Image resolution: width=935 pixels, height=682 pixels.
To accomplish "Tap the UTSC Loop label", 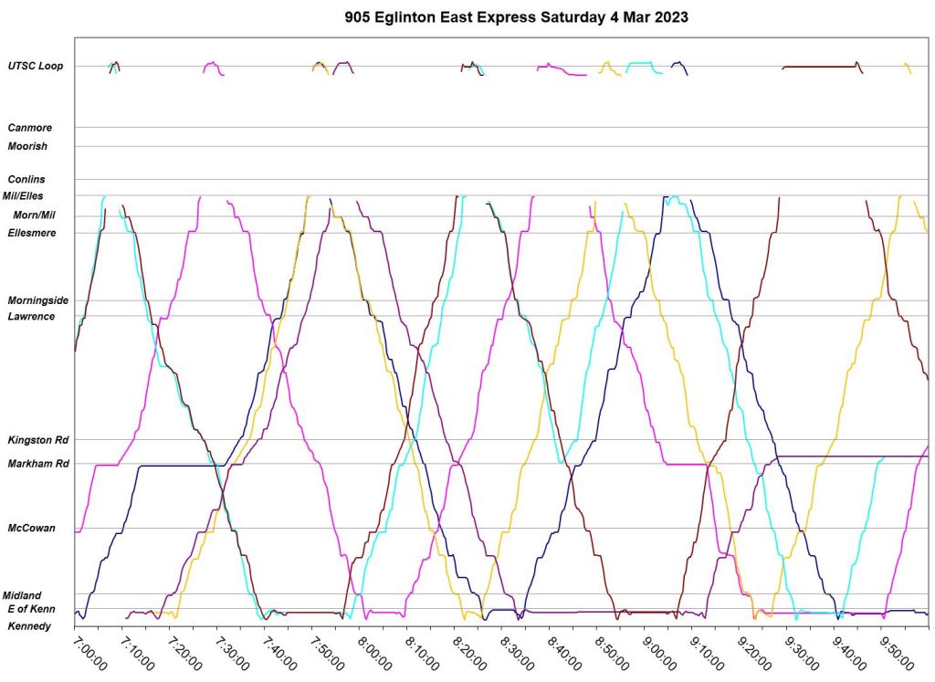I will pyautogui.click(x=36, y=66).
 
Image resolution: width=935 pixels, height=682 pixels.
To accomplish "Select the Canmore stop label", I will pyautogui.click(x=30, y=128).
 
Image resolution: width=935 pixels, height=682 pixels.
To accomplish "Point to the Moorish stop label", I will pyautogui.click(x=27, y=146).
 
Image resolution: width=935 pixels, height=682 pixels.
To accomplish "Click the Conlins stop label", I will pyautogui.click(x=26, y=180).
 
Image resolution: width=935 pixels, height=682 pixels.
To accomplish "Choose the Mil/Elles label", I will pyautogui.click(x=23, y=195).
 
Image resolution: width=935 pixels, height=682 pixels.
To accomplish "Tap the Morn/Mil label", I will pyautogui.click(x=34, y=215).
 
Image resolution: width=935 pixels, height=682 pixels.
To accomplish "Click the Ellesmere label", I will pyautogui.click(x=31, y=233).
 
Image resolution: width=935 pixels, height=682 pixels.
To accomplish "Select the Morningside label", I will pyautogui.click(x=37, y=300).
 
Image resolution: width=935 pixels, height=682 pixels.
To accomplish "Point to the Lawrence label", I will pyautogui.click(x=31, y=317).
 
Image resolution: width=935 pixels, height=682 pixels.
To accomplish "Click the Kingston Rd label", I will pyautogui.click(x=37, y=440).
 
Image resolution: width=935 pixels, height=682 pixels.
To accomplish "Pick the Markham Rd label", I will pyautogui.click(x=37, y=464).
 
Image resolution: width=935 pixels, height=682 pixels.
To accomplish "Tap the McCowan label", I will pyautogui.click(x=31, y=528).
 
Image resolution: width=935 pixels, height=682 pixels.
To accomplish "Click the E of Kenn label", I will pyautogui.click(x=31, y=609).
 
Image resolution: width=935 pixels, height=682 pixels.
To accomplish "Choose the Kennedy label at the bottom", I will pyautogui.click(x=29, y=626).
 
